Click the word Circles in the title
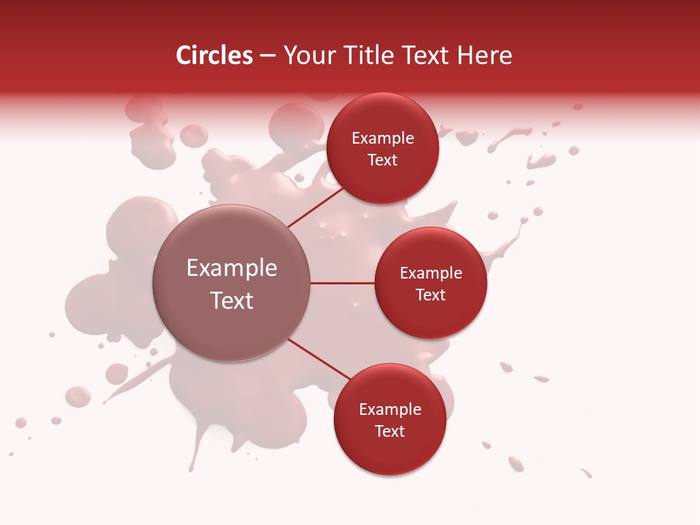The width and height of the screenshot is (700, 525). (x=214, y=55)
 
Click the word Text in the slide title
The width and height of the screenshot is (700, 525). (x=430, y=55)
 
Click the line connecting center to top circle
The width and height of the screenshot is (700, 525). (x=315, y=208)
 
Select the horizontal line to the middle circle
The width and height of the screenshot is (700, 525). (x=342, y=283)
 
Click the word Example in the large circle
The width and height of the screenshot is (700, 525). (x=232, y=268)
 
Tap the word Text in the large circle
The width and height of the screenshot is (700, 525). (x=232, y=300)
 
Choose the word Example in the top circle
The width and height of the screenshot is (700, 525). (x=383, y=139)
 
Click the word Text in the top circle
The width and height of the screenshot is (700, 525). (x=383, y=160)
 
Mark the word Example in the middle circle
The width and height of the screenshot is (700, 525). (x=431, y=273)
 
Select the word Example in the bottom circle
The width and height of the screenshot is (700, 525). (x=390, y=410)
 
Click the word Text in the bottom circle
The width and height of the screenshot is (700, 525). (x=390, y=432)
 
